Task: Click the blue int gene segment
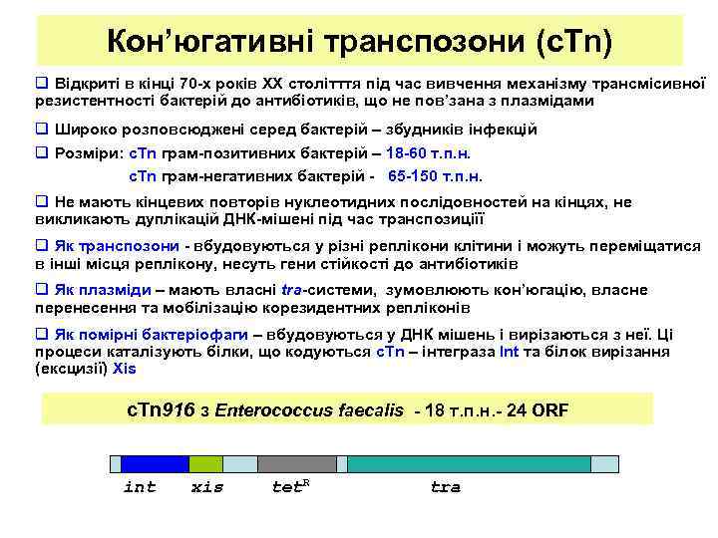pos(148,463)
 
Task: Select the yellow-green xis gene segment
pos(205,463)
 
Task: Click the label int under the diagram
pos(140,487)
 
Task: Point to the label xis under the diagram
pos(206,487)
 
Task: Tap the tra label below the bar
pos(445,487)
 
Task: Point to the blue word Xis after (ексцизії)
pos(125,368)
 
